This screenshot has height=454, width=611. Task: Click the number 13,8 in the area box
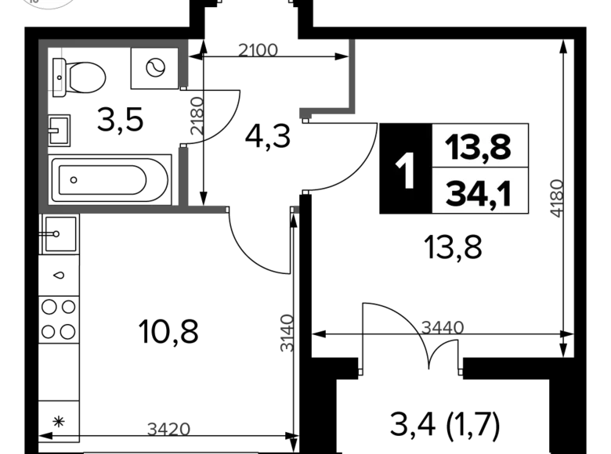[x=478, y=146]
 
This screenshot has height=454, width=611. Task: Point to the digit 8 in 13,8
[x=500, y=146]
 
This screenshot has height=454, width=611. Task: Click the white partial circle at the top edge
[x=52, y=4]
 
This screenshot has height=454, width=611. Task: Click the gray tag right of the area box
[x=554, y=196]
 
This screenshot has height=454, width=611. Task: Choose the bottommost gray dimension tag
[x=168, y=427]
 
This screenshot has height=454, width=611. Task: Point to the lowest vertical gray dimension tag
[x=286, y=334]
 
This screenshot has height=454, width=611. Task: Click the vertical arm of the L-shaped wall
[x=351, y=78]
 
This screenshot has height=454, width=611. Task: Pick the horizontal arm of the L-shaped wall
[x=324, y=115]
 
